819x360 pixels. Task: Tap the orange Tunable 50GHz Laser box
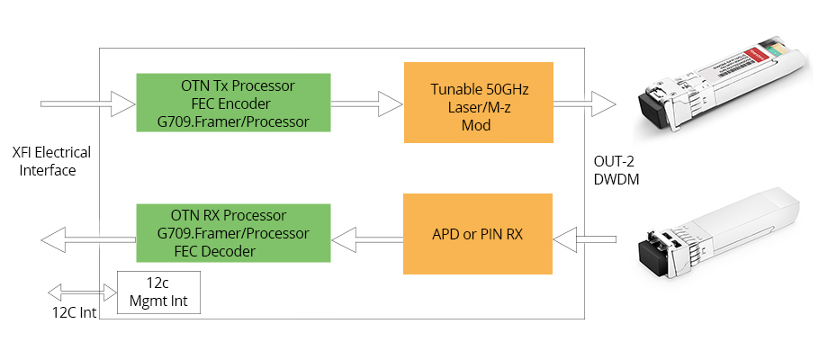tap(477, 103)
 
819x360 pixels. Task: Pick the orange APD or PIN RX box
tap(477, 234)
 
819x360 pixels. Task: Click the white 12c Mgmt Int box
tap(159, 293)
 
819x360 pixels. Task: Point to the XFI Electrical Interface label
tap(51, 161)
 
